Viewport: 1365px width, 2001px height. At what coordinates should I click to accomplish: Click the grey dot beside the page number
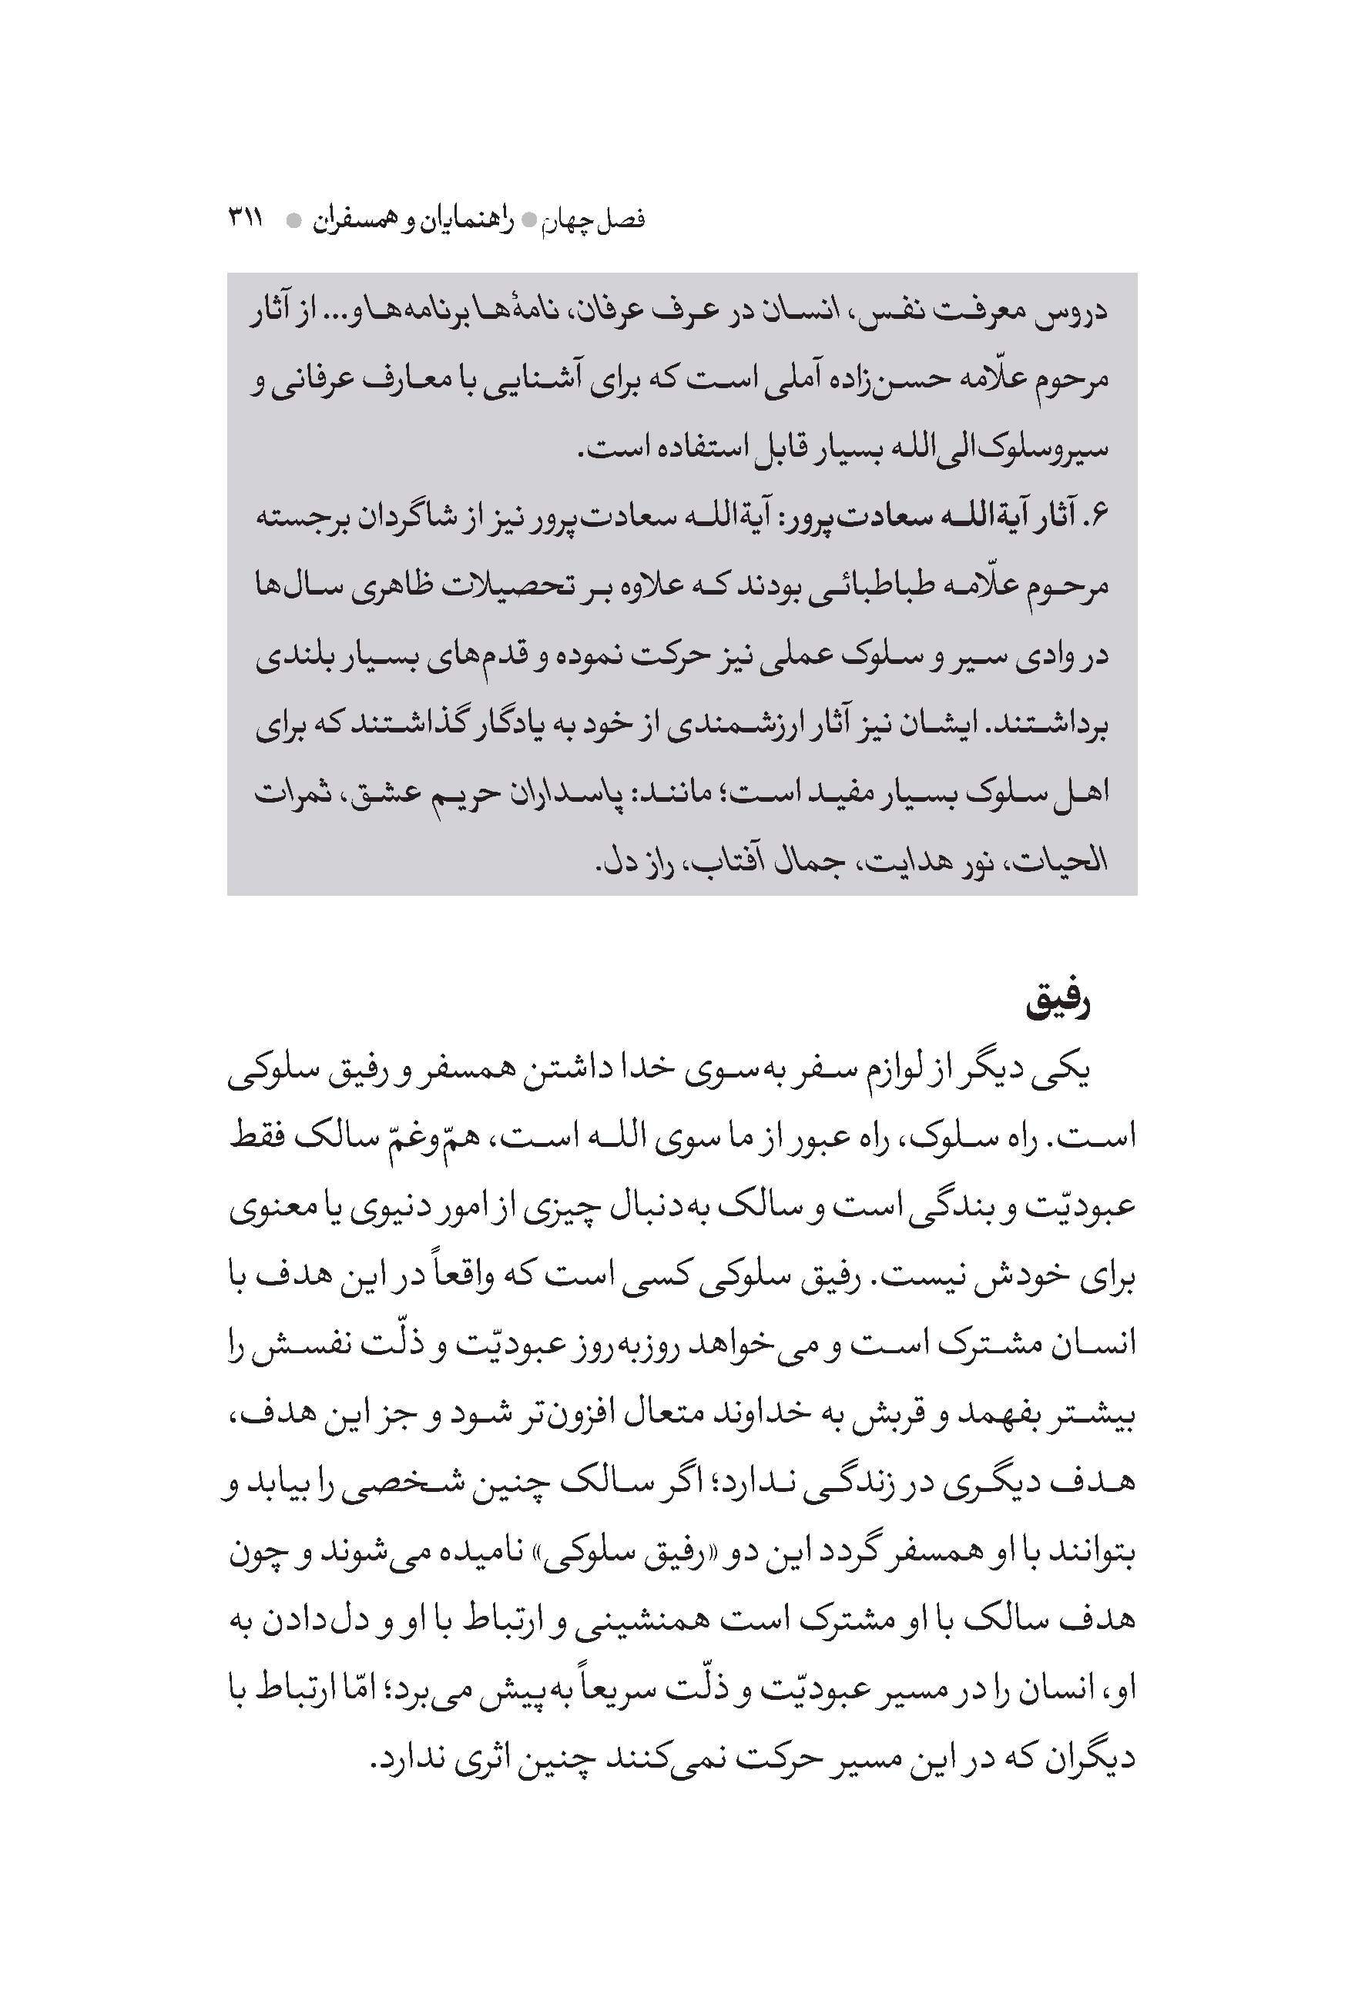tap(293, 220)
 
